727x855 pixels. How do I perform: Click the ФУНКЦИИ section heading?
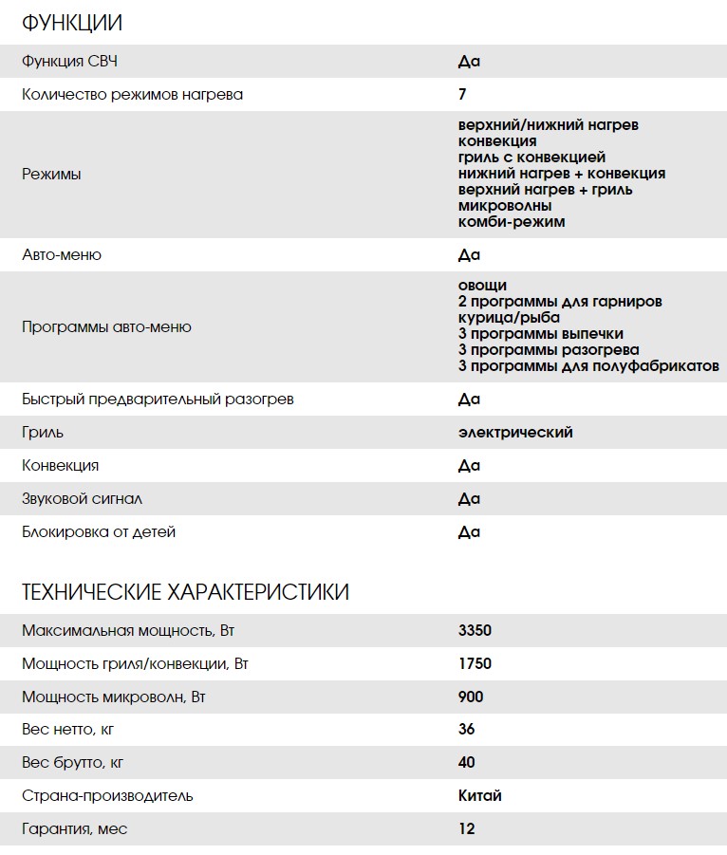[x=72, y=24]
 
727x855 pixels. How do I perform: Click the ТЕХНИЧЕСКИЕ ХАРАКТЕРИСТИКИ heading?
[x=185, y=592]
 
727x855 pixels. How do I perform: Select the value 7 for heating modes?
[x=462, y=94]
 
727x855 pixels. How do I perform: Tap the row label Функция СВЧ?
[x=70, y=62]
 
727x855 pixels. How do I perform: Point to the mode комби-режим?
[x=511, y=222]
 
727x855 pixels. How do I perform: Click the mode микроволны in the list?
[x=505, y=206]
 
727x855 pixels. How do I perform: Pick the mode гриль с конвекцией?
[x=531, y=158]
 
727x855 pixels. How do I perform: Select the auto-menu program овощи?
[x=482, y=285]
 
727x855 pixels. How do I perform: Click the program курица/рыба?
[x=509, y=317]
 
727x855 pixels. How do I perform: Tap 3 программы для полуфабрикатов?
[x=588, y=365]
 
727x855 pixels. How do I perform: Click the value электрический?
[x=515, y=432]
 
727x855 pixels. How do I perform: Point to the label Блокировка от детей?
[x=99, y=531]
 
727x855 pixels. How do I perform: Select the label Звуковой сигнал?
[x=82, y=498]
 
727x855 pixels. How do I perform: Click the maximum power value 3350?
[x=475, y=630]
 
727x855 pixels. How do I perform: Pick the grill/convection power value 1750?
[x=475, y=663]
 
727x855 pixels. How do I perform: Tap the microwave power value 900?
[x=471, y=697]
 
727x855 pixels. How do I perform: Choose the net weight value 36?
[x=466, y=729]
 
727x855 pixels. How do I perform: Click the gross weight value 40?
[x=466, y=762]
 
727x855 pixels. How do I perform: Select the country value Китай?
[x=480, y=795]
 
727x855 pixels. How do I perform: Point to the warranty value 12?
[x=466, y=828]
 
